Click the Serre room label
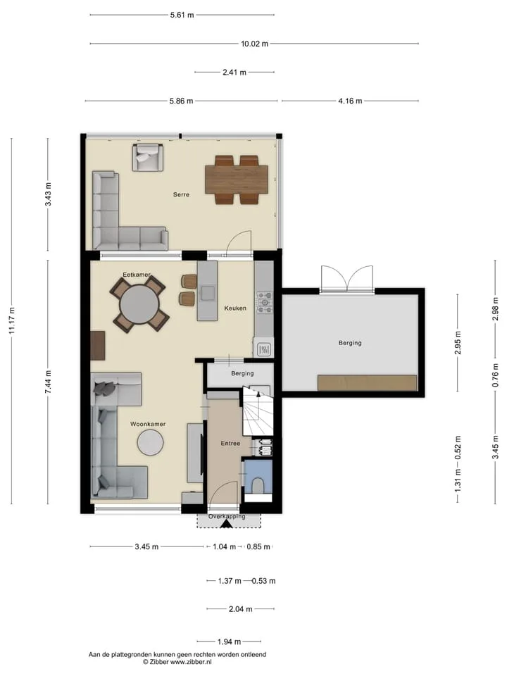(x=181, y=194)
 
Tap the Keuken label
(x=235, y=308)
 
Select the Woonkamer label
(x=148, y=424)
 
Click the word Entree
(x=230, y=443)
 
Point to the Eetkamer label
(x=137, y=275)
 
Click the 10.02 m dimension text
(x=254, y=44)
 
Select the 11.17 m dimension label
(x=12, y=320)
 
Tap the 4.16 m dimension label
(x=350, y=101)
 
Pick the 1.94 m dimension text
(x=229, y=642)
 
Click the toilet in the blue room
(x=258, y=485)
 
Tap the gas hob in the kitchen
(x=264, y=302)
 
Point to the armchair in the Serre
(x=148, y=157)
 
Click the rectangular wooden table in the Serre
(x=237, y=180)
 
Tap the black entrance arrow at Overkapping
(x=226, y=524)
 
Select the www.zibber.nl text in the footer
(x=191, y=661)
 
